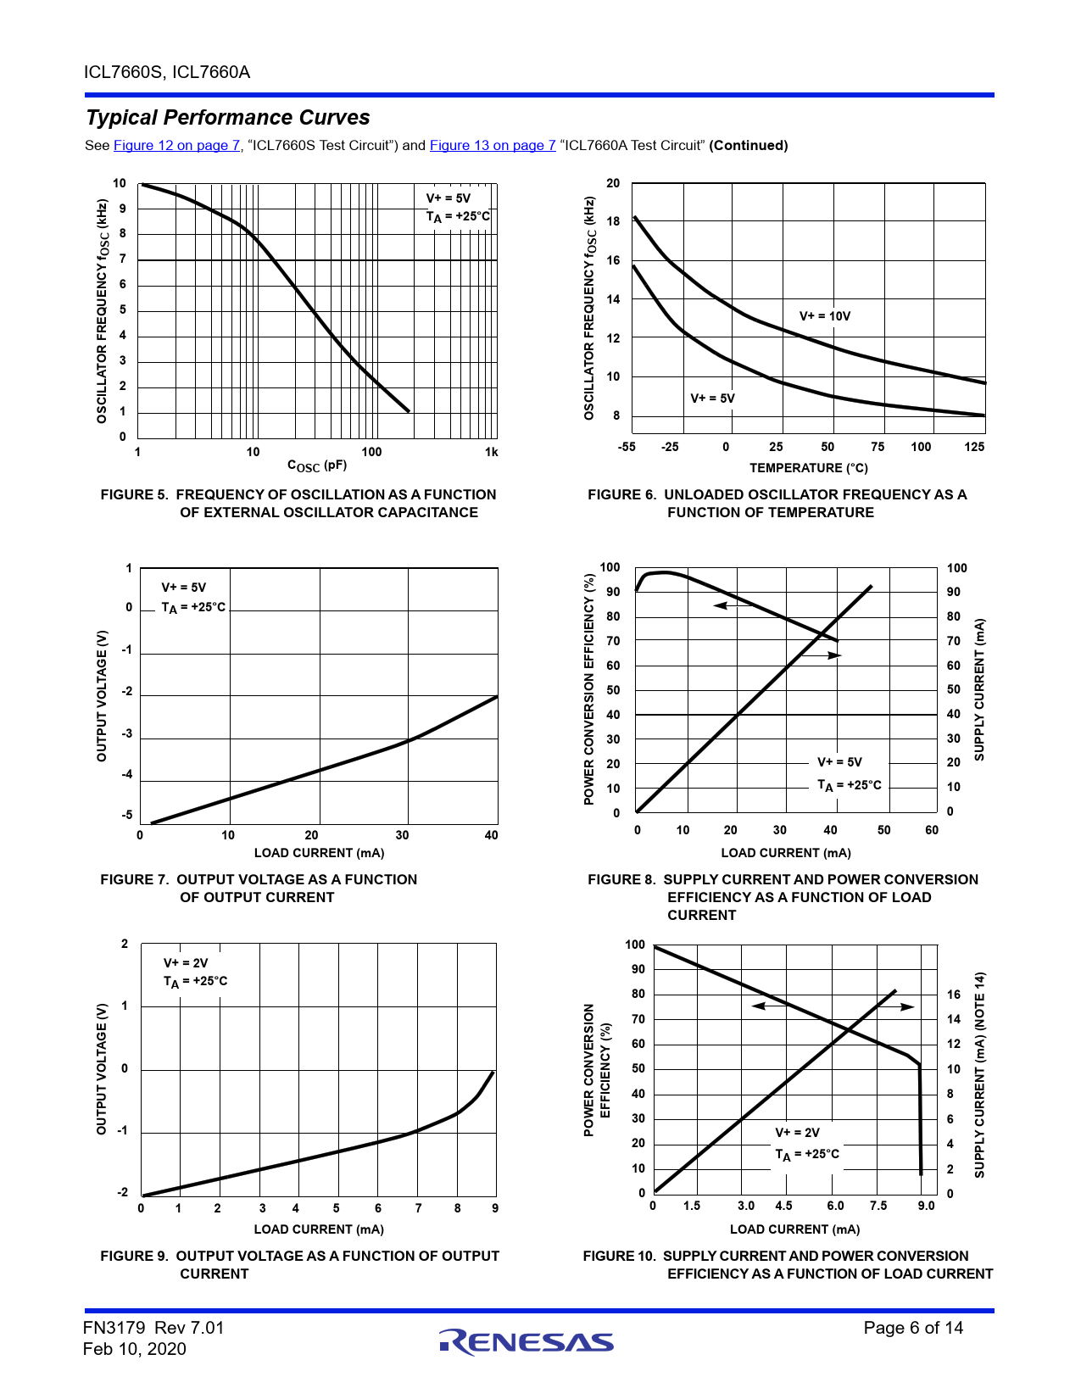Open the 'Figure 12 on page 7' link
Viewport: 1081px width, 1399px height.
(x=176, y=146)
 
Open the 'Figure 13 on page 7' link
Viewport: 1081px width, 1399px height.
(x=493, y=146)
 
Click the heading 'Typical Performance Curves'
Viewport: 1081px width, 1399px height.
(x=228, y=118)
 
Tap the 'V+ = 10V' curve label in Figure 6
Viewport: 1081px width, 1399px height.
(x=824, y=316)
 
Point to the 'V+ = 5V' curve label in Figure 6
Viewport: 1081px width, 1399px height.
(x=712, y=399)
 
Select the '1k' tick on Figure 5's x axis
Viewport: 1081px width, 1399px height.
(x=492, y=453)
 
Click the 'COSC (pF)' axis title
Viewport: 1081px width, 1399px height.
(x=317, y=465)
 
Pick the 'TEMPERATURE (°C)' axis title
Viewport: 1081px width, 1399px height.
(x=808, y=468)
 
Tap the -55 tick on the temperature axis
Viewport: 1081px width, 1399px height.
(x=627, y=447)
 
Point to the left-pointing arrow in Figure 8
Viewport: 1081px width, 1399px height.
(x=722, y=605)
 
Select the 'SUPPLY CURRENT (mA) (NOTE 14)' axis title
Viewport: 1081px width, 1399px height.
(x=979, y=1075)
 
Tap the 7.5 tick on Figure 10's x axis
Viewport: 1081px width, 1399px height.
(x=878, y=1206)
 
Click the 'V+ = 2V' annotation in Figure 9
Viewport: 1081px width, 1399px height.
(x=186, y=963)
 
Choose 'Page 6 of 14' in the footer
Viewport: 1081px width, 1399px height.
(x=913, y=1329)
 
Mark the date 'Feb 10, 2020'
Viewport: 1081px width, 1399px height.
(x=134, y=1350)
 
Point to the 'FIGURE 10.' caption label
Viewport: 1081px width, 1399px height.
(x=619, y=1257)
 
